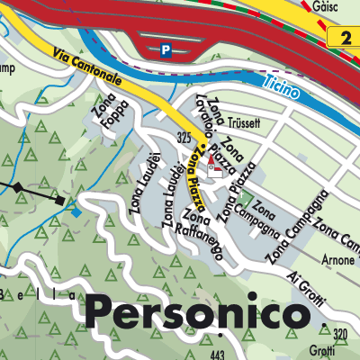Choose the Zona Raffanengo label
202,236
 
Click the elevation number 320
339,334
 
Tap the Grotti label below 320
336,351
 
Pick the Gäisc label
326,6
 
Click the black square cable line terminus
59,201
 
